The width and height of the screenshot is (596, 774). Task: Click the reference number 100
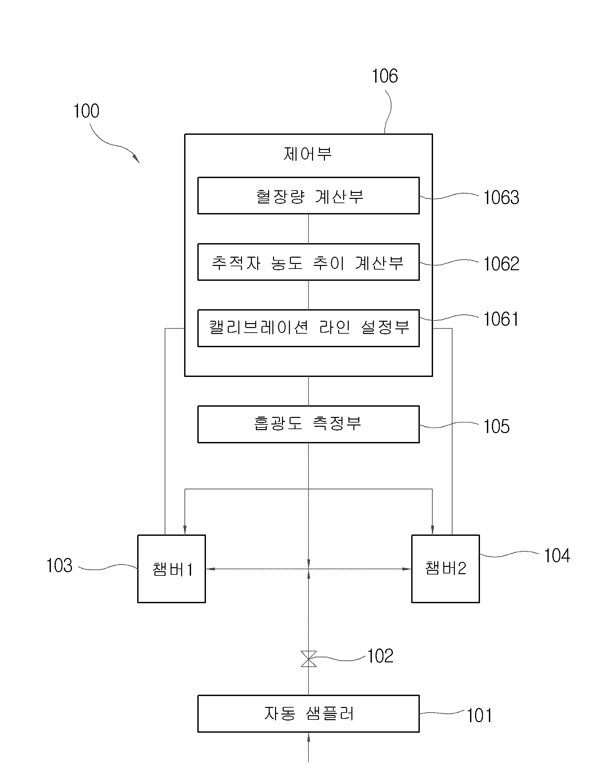86,111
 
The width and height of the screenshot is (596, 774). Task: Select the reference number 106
385,76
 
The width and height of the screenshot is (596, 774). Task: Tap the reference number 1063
501,198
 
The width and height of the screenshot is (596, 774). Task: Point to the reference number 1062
501,264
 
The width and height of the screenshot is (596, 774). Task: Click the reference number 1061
501,319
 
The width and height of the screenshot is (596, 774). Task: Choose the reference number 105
497,426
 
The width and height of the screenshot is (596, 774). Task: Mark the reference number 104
557,555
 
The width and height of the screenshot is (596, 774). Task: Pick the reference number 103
60,565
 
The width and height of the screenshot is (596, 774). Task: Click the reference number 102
380,656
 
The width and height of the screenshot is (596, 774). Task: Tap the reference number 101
479,716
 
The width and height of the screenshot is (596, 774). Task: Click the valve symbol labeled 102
308,659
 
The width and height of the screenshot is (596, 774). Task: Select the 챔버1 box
172,569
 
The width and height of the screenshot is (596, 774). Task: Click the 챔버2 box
445,569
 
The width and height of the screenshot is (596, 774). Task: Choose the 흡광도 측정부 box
308,424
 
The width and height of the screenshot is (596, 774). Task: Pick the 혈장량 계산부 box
308,196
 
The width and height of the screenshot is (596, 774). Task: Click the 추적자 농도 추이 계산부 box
308,262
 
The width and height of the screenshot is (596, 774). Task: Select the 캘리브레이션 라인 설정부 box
308,328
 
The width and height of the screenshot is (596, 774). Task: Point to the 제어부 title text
308,154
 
